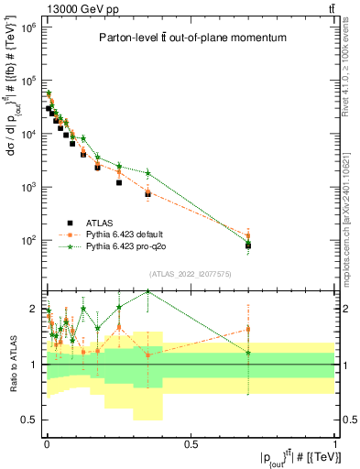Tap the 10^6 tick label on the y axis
click(x=27, y=27)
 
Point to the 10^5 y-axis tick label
click(x=27, y=81)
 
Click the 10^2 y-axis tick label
click(x=27, y=240)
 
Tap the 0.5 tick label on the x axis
click(x=191, y=442)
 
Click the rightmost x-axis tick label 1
click(x=335, y=442)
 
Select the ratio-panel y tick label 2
click(x=33, y=309)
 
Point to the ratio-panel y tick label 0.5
click(x=29, y=420)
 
